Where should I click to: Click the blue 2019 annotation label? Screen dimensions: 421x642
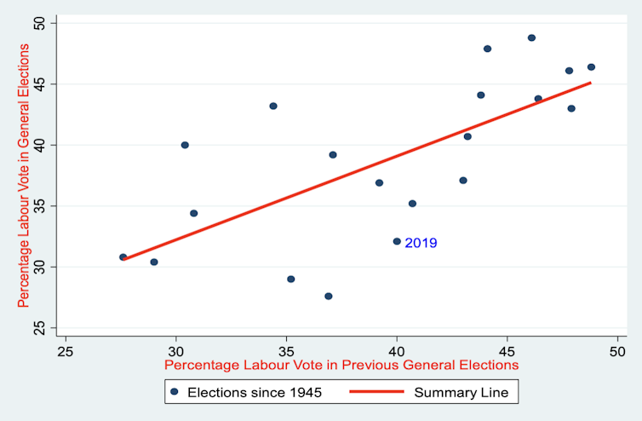tap(421, 243)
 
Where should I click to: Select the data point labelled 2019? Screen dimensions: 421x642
tap(397, 241)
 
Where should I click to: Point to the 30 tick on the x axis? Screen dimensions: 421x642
tap(176, 350)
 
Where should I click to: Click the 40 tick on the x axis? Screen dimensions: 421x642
tap(397, 350)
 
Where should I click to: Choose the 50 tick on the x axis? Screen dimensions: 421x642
tap(617, 350)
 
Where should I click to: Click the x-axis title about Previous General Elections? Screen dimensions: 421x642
tap(341, 365)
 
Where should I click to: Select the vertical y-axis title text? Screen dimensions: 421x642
tap(24, 176)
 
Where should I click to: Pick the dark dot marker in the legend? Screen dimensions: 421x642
tap(175, 393)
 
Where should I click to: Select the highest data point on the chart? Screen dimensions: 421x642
tap(531, 37)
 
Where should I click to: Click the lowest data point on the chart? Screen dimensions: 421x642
tap(328, 297)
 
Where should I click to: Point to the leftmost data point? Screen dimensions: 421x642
tap(123, 257)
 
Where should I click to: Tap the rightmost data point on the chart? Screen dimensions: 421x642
tap(591, 66)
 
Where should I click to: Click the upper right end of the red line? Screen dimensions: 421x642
tap(590, 83)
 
